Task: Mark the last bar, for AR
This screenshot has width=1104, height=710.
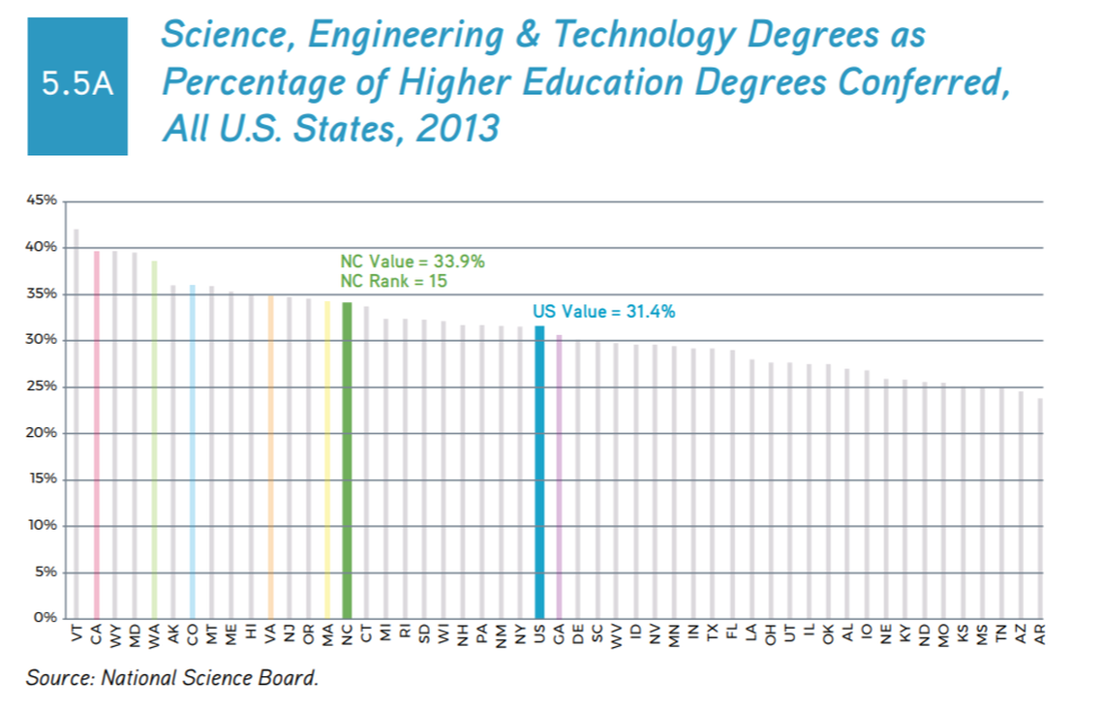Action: pos(1040,508)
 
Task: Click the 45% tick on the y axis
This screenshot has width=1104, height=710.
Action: pos(46,201)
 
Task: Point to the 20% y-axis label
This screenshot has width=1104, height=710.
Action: pos(46,433)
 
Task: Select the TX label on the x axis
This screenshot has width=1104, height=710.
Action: pos(713,633)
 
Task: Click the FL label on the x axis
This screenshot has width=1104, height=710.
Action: pos(732,633)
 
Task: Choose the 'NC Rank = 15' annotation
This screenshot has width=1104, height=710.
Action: pos(392,281)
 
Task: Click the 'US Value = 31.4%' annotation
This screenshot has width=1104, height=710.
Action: pos(603,312)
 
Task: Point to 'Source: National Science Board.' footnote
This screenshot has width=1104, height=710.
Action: pos(172,677)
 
